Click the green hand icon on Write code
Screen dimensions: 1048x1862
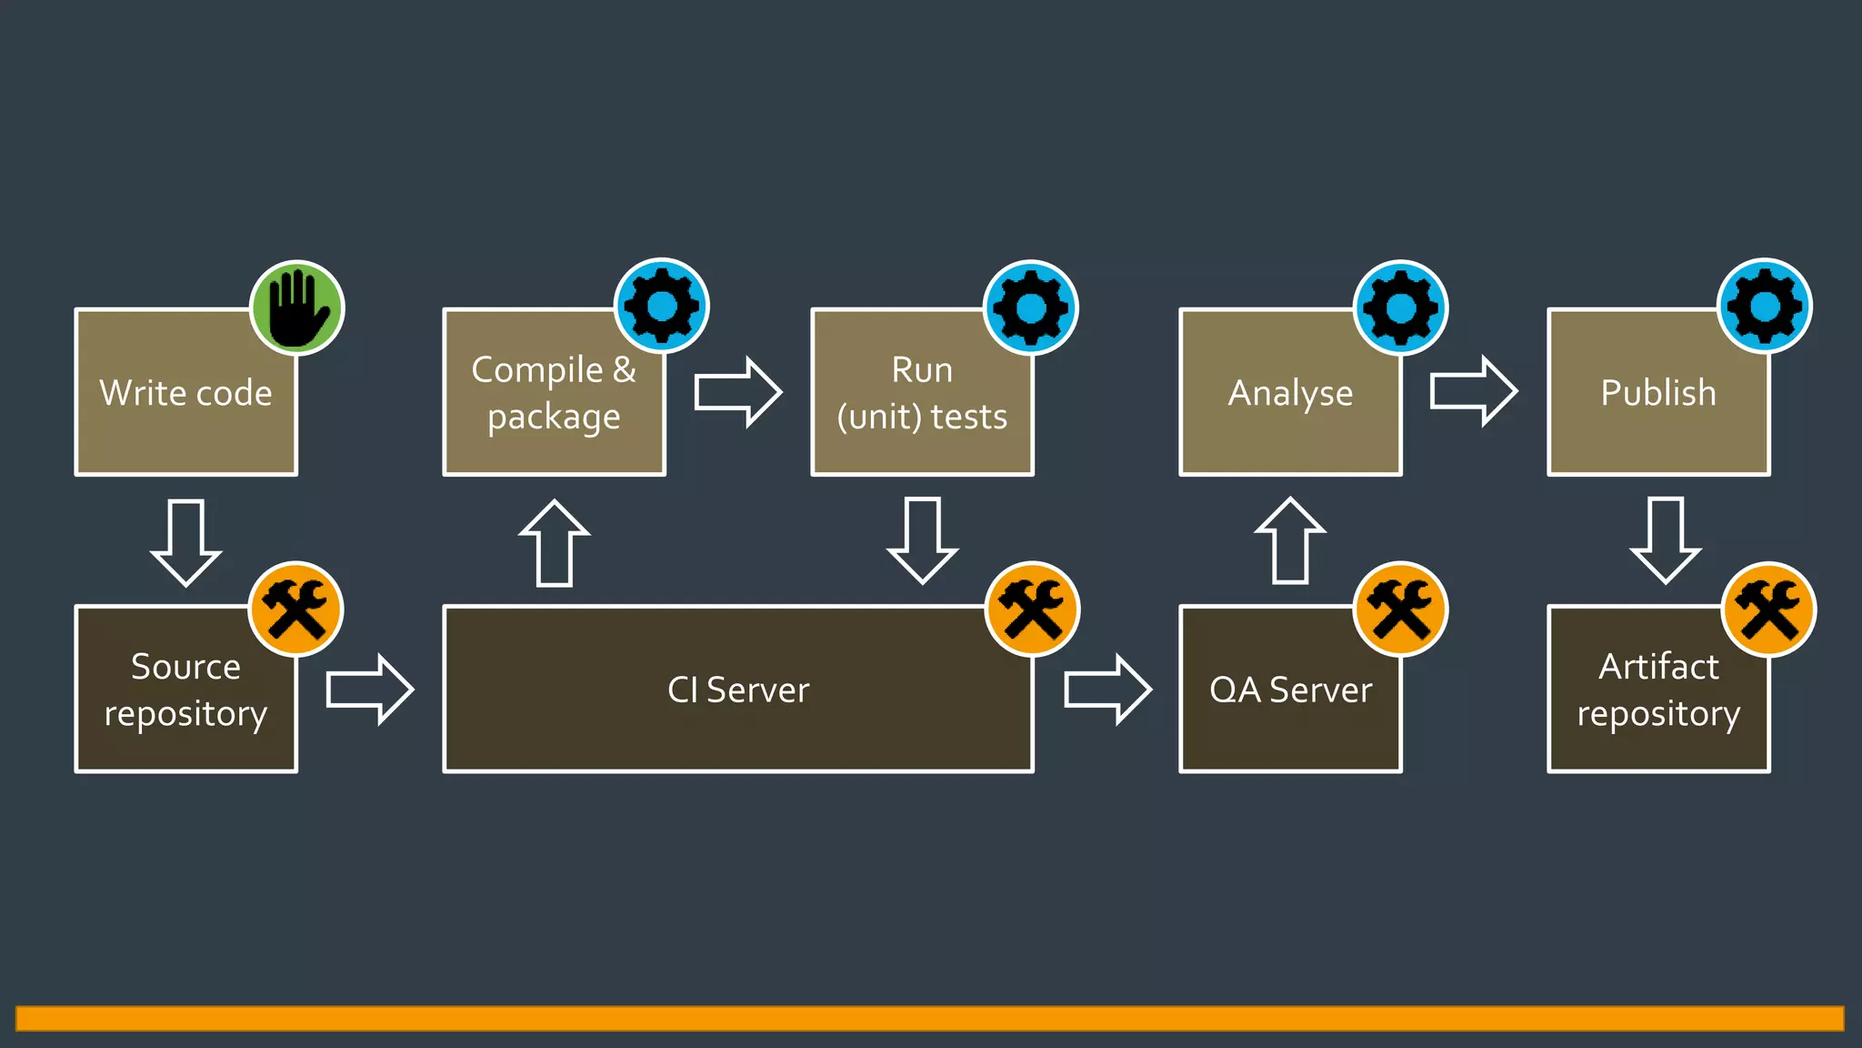point(297,307)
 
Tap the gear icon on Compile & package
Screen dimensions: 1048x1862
point(662,306)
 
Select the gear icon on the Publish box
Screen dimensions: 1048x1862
point(1764,306)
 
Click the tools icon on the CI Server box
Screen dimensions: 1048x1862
point(1032,609)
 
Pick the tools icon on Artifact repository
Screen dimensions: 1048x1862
point(1768,609)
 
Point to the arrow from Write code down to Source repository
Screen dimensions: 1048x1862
point(186,541)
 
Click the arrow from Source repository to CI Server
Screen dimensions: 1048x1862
point(369,690)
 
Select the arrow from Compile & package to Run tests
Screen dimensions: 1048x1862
point(737,392)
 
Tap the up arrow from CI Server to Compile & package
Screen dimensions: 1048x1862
point(554,543)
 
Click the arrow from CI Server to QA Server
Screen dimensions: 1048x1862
point(1107,690)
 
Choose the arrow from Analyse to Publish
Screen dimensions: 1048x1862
point(1473,391)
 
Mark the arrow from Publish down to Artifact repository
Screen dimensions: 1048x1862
point(1665,539)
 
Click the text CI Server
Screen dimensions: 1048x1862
point(737,690)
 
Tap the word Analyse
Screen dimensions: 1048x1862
point(1290,394)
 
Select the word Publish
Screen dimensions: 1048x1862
point(1658,393)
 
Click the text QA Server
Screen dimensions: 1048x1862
point(1290,690)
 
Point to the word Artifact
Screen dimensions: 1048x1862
point(1658,667)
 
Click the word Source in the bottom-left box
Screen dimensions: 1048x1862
point(185,667)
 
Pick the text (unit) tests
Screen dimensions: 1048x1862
point(922,418)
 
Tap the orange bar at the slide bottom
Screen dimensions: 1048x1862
point(929,1018)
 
